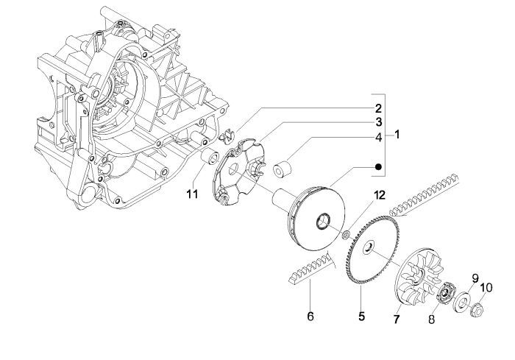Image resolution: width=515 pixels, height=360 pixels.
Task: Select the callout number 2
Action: point(376,107)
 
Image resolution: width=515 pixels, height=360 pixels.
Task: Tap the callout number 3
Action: point(376,121)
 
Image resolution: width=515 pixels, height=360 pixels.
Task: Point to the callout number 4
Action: point(376,137)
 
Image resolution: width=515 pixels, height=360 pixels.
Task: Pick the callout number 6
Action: point(310,316)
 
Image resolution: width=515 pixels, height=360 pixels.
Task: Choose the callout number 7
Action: point(396,320)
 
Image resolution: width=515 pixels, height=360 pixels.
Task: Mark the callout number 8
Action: point(432,320)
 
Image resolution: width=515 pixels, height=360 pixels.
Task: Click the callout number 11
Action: point(192,194)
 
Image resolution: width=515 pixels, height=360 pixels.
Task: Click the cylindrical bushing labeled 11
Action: point(209,157)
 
